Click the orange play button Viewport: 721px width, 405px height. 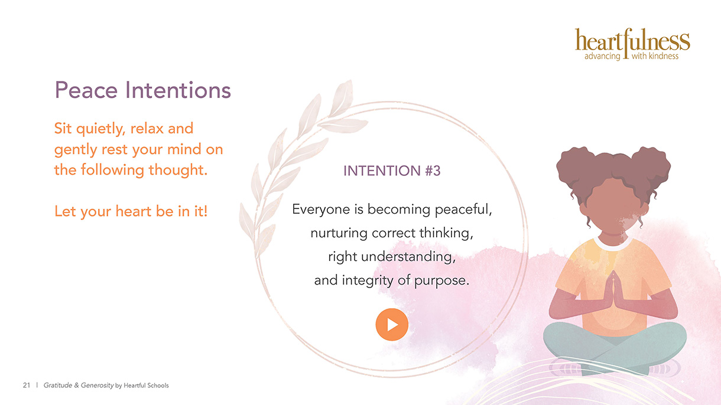[x=392, y=324]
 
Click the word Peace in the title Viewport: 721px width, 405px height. [x=86, y=90]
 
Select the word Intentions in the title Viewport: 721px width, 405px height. [x=178, y=90]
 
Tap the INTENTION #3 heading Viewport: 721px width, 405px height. [x=392, y=171]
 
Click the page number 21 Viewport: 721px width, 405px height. [x=27, y=385]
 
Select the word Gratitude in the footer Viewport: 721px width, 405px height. [x=58, y=385]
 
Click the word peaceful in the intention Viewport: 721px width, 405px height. [x=463, y=210]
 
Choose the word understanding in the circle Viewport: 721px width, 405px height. [x=408, y=257]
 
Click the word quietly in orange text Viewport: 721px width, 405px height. [x=100, y=129]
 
